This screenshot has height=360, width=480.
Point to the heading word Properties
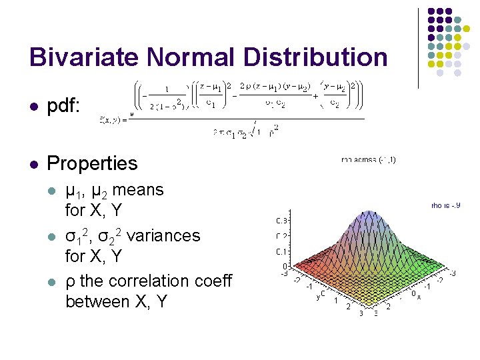tap(92, 163)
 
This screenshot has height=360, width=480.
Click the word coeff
tap(211, 281)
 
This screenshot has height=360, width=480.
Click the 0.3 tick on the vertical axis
tap(281, 221)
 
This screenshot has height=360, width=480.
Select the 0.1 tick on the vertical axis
tap(281, 251)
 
